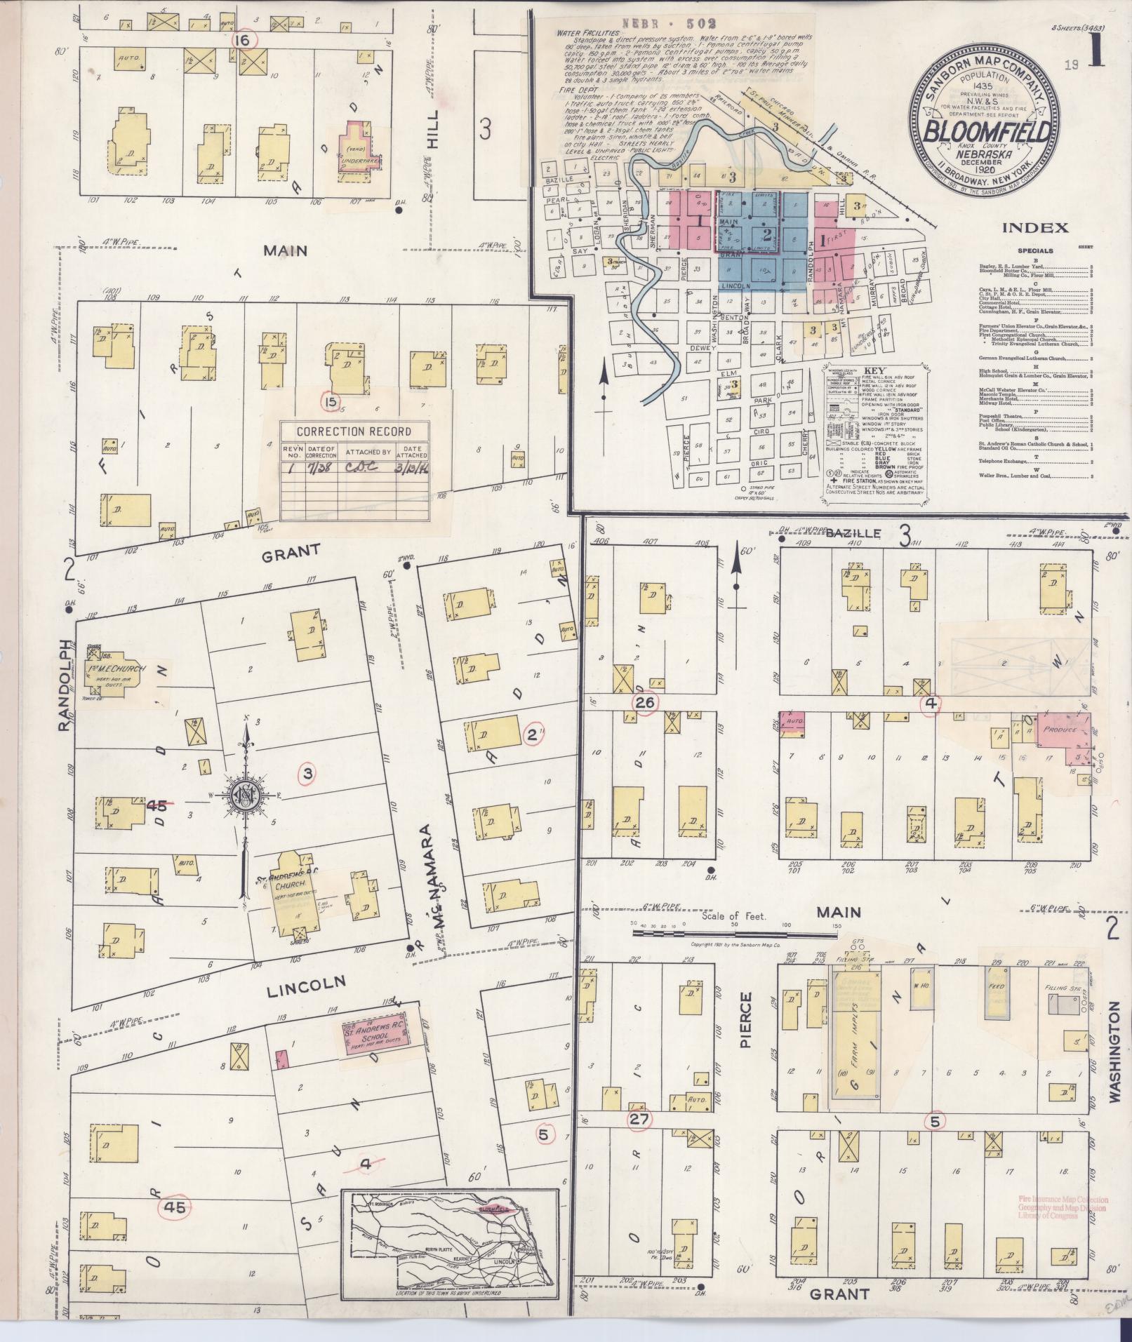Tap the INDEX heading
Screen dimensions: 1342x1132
[1034, 227]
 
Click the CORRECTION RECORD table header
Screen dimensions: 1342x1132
[354, 431]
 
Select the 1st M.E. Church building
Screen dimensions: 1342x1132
[114, 673]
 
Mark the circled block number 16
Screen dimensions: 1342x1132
[244, 40]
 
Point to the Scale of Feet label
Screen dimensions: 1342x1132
[735, 916]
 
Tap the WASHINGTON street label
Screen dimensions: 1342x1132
[1115, 1045]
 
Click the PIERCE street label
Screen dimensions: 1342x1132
[745, 1029]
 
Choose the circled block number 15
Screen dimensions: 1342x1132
[330, 401]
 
